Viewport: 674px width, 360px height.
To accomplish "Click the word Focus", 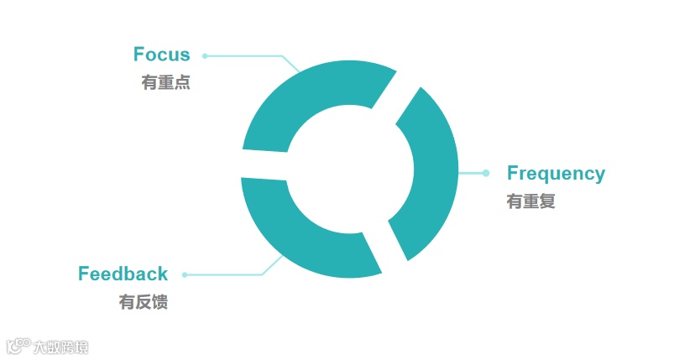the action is (162, 55).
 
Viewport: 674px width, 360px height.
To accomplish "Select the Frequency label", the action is (556, 174).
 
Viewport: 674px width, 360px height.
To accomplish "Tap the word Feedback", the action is (123, 274).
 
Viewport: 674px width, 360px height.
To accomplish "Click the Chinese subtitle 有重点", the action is (166, 83).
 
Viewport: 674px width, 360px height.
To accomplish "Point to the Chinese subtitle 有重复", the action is (530, 201).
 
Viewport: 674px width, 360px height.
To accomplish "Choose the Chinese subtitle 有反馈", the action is (144, 302).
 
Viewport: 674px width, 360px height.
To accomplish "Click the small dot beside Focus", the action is (205, 56).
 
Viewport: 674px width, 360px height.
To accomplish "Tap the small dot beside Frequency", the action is (486, 174).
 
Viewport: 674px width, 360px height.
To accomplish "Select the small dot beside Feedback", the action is (185, 274).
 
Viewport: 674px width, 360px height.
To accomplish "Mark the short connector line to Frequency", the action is (472, 174).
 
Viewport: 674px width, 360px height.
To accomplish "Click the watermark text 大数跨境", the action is (60, 347).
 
